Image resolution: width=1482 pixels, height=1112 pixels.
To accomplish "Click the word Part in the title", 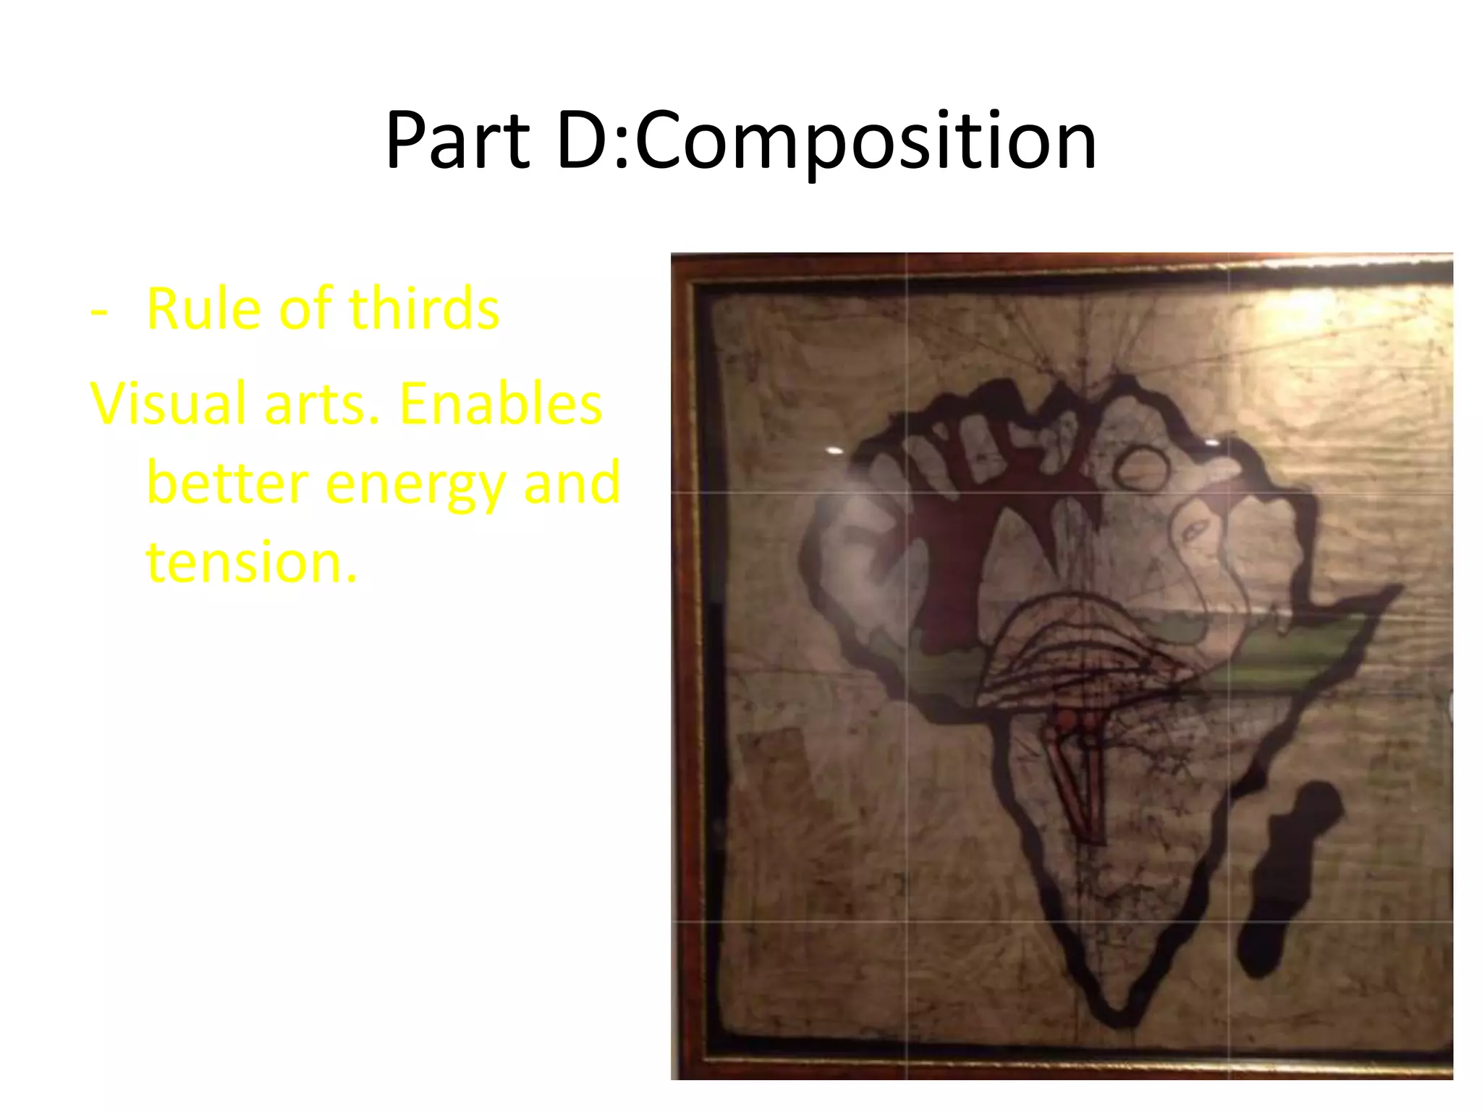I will [457, 140].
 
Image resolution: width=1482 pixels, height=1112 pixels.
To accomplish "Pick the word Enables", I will [500, 404].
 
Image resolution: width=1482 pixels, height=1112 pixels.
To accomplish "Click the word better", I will [227, 484].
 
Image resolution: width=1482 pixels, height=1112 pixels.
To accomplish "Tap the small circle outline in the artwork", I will [1141, 468].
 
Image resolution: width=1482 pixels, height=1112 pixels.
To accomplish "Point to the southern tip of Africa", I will [1118, 1014].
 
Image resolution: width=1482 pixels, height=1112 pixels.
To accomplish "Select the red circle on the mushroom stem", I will [1067, 719].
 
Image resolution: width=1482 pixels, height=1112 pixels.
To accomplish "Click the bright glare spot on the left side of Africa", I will [835, 450].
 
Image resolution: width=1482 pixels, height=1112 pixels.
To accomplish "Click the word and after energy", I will [572, 484].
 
